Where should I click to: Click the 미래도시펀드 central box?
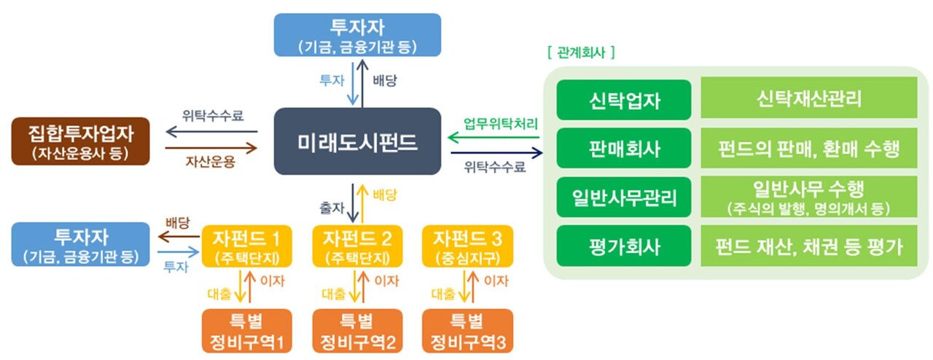358,141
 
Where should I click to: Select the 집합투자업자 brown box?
81,141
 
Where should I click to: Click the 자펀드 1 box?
247,246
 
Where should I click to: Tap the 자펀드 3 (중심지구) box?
467,246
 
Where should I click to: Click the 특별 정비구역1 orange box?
247,331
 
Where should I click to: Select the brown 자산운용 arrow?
211,148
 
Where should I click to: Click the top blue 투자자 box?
357,34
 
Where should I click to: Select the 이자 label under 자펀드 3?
496,281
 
